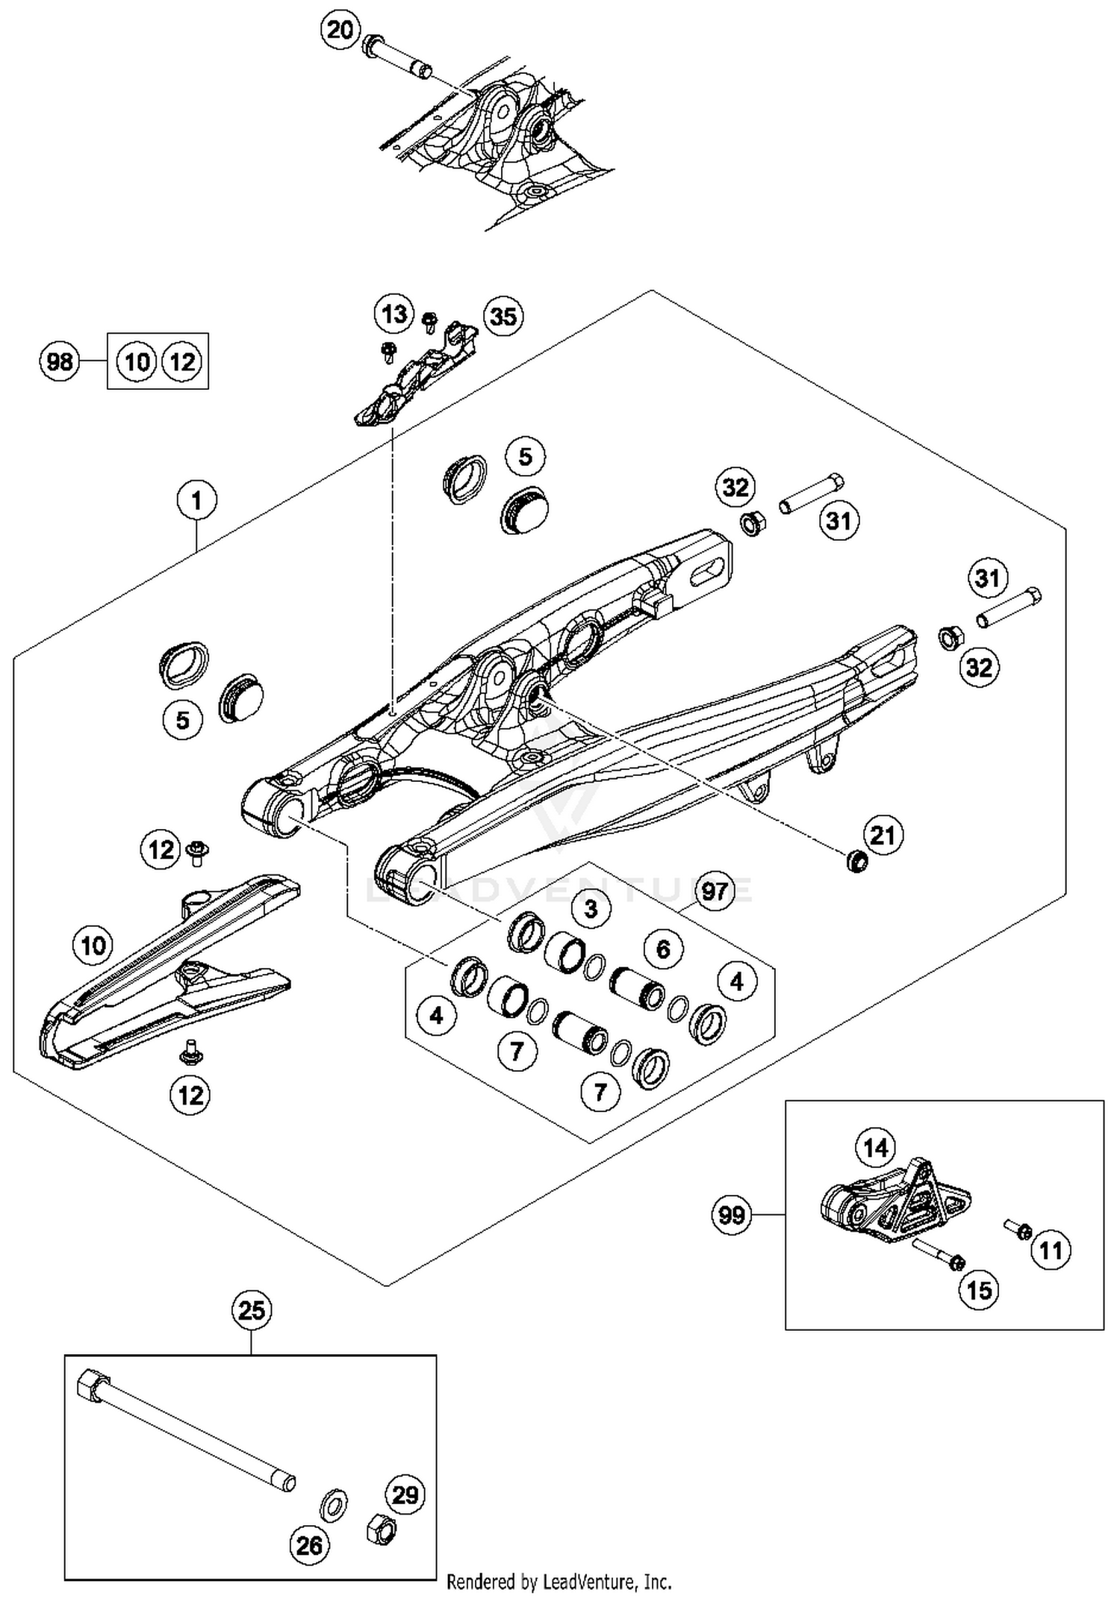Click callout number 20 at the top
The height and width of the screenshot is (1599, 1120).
(340, 31)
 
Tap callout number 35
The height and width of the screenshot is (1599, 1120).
(503, 316)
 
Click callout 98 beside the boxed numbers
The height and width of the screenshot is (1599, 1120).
(60, 362)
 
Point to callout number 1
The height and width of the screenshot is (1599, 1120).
(196, 500)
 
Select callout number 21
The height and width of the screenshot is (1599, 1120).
(883, 835)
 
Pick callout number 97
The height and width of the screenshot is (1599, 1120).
(715, 891)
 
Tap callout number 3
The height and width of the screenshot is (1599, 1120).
(591, 909)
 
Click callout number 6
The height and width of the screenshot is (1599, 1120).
(663, 949)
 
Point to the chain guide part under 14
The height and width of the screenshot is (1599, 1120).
(896, 1202)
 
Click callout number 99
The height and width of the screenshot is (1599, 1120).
(731, 1215)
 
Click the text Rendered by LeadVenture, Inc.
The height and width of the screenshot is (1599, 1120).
(559, 1581)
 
